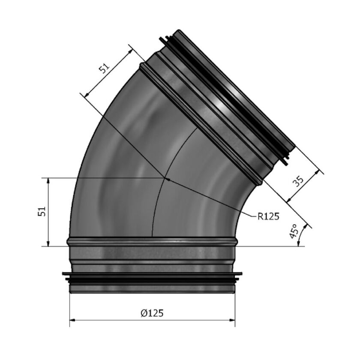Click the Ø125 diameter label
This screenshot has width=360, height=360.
(x=152, y=313)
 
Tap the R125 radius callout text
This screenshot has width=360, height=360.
(x=268, y=216)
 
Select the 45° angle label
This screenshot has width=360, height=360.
(x=294, y=231)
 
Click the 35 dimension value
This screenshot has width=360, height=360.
(x=298, y=180)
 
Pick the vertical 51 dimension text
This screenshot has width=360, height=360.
(x=42, y=212)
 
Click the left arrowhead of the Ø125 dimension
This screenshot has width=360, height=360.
(x=72, y=320)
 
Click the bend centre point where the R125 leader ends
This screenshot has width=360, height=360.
(x=165, y=177)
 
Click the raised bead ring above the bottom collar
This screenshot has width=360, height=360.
(x=152, y=241)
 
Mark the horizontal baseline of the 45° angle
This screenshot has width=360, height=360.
(x=274, y=246)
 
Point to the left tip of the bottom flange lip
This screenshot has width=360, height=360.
(x=63, y=273)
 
